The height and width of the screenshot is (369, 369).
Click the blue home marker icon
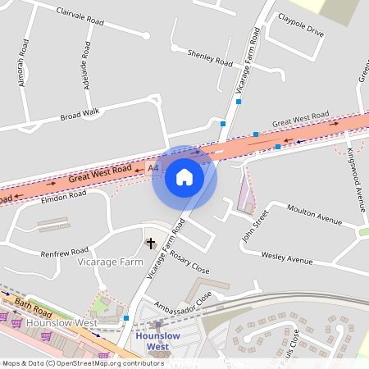[184, 177]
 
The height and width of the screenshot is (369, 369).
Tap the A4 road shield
[153, 168]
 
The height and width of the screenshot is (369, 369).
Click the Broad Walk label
[80, 116]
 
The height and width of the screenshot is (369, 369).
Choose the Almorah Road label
[22, 65]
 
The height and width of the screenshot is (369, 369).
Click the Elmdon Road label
[63, 196]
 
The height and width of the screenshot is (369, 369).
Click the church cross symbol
[150, 244]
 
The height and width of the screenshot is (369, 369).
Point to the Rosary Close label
[189, 262]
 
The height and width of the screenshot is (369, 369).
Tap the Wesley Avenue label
[287, 258]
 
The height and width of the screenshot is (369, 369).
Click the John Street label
[254, 225]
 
